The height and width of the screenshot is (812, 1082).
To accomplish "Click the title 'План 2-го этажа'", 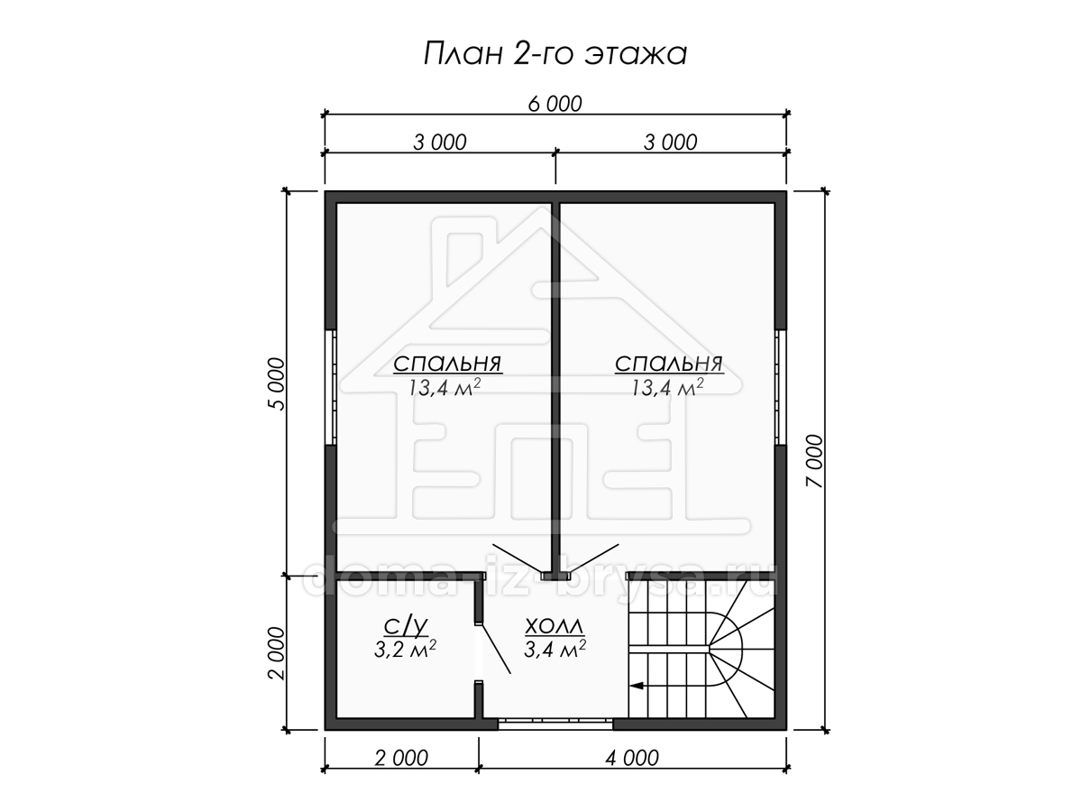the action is (x=555, y=54).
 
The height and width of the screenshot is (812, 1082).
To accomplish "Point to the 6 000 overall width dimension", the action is (x=555, y=104).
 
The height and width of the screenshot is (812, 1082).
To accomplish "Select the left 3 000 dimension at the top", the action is (x=440, y=143).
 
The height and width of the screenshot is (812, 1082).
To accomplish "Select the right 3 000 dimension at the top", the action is (x=671, y=143).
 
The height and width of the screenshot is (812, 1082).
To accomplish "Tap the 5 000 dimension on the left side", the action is (x=277, y=383).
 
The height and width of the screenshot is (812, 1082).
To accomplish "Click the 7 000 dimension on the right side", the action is (x=814, y=461).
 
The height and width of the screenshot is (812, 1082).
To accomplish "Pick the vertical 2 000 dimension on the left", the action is (x=277, y=653).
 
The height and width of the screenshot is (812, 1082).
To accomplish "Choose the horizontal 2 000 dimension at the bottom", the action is (x=401, y=758).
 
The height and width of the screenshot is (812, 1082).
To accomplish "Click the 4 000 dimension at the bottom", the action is (x=632, y=758).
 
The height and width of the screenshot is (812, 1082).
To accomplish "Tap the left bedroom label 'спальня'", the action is (x=447, y=364).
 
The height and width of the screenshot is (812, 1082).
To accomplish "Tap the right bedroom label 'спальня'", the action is (x=669, y=364).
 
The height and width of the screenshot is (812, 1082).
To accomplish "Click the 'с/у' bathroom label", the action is (x=406, y=626).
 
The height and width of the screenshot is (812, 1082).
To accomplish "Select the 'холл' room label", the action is (x=555, y=627).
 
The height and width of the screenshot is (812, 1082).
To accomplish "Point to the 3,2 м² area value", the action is (x=405, y=650).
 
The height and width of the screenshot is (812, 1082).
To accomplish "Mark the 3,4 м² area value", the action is (x=555, y=649).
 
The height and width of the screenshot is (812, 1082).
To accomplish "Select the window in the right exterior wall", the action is (x=780, y=387).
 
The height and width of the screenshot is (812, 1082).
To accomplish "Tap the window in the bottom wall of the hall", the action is (x=555, y=724).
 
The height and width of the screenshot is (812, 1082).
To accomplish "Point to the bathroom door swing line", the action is (x=494, y=649).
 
